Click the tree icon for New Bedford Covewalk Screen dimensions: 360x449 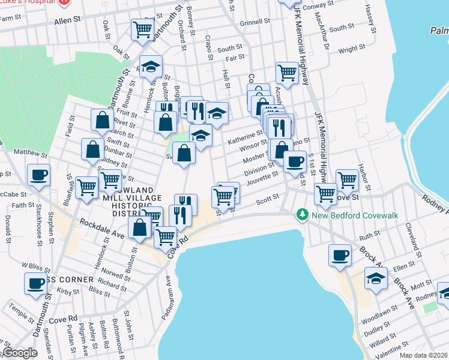pyautogui.click(x=301, y=214)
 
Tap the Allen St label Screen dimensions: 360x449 pyautogui.click(x=67, y=20)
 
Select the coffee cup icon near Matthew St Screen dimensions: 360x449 pyautogui.click(x=39, y=176)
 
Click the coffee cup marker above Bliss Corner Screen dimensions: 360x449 pyautogui.click(x=35, y=283)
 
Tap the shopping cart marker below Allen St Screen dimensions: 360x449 pyautogui.click(x=142, y=29)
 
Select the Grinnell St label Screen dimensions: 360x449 pyautogui.click(x=255, y=23)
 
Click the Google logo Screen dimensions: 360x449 pyautogui.click(x=20, y=353)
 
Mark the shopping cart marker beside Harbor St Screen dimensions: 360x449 pyautogui.click(x=347, y=178)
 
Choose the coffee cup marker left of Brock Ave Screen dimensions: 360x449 pyautogui.click(x=340, y=254)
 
